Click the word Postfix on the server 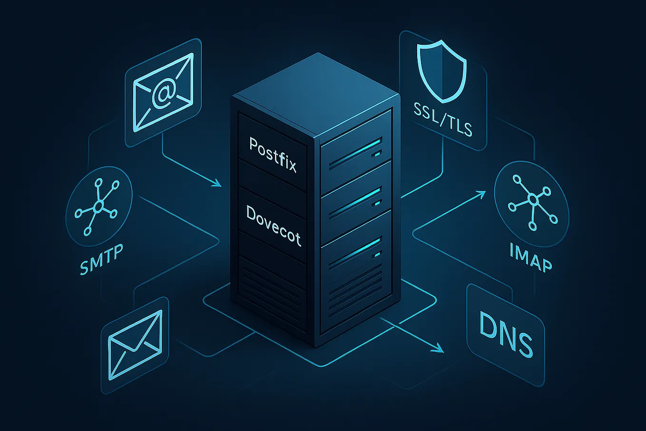pyautogui.click(x=273, y=155)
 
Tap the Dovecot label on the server pyautogui.click(x=274, y=225)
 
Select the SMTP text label pyautogui.click(x=101, y=259)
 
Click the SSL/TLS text pyautogui.click(x=443, y=119)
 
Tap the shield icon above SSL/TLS pyautogui.click(x=441, y=71)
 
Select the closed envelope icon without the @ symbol pyautogui.click(x=135, y=345)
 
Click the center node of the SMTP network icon pyautogui.click(x=98, y=206)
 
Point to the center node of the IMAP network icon pyautogui.click(x=533, y=199)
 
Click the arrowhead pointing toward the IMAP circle pyautogui.click(x=481, y=194)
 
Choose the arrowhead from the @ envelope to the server pyautogui.click(x=217, y=183)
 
